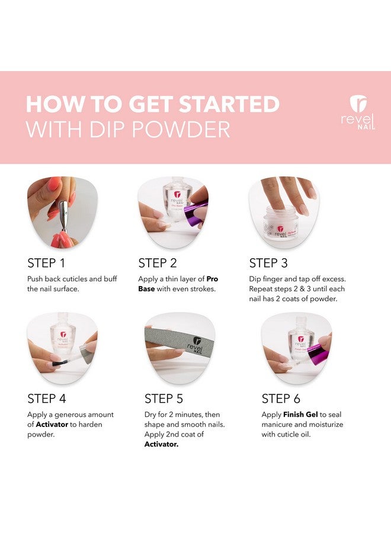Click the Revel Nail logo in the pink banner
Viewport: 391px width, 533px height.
(358, 112)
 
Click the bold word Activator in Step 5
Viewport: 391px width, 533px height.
(162, 444)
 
